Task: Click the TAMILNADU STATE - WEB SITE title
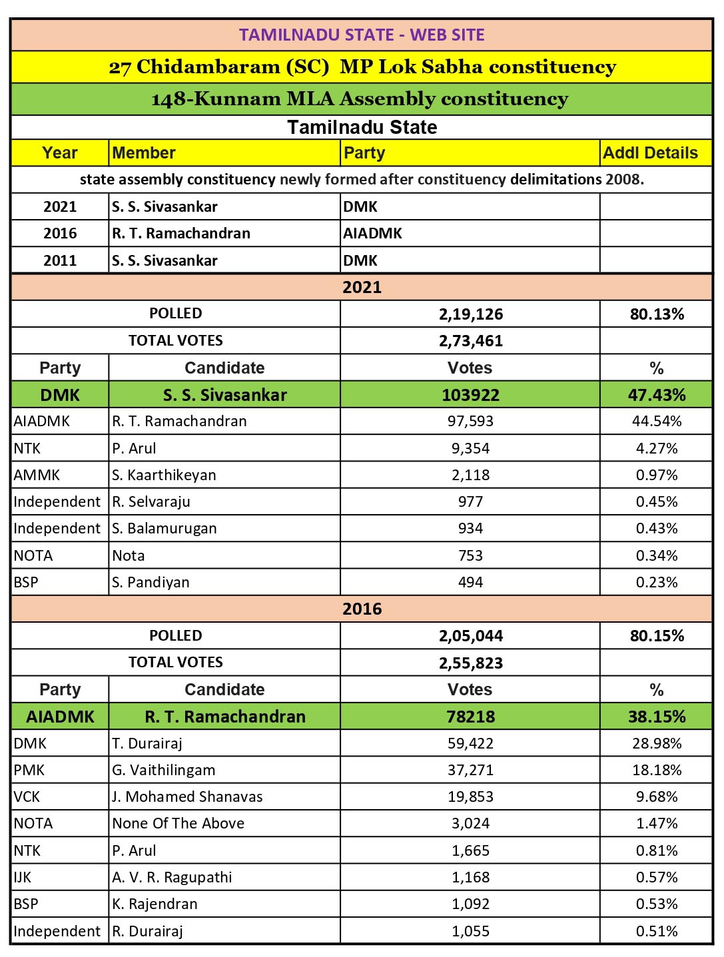coord(362,35)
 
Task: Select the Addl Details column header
coord(650,153)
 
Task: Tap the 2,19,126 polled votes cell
coord(470,314)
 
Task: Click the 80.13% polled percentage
coord(657,314)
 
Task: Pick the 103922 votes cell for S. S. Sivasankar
coord(470,395)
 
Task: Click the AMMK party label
coord(37,475)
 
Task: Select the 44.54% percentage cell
coord(657,421)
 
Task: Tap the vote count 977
coord(470,501)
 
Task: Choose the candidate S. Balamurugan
coord(165,528)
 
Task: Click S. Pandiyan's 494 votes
coord(470,582)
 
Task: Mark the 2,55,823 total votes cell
coord(470,663)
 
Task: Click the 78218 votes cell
coord(470,717)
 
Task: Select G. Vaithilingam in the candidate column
coord(164,770)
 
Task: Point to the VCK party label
coord(27,797)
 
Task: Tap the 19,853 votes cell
coord(470,797)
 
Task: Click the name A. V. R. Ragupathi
coord(172,877)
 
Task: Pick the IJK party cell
coord(23,877)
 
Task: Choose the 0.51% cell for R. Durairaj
coord(657,931)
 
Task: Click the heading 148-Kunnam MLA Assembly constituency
coord(360,99)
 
